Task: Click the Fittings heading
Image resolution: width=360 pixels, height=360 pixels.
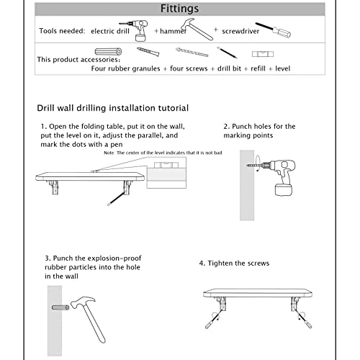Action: click(x=179, y=9)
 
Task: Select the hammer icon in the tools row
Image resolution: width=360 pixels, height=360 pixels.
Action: click(x=197, y=29)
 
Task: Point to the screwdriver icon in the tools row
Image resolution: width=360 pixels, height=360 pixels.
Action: click(x=273, y=30)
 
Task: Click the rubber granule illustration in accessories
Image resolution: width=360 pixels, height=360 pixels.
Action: click(x=108, y=51)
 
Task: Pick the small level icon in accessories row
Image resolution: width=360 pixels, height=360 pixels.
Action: click(x=263, y=54)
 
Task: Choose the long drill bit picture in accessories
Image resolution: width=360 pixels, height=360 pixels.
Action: click(x=192, y=52)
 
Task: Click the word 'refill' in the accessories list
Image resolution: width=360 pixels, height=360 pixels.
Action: click(x=258, y=68)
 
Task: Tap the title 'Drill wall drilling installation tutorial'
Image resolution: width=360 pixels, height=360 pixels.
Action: click(x=113, y=108)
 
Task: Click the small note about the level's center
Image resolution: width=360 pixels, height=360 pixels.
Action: click(x=163, y=153)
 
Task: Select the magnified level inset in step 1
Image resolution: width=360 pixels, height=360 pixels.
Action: click(x=166, y=173)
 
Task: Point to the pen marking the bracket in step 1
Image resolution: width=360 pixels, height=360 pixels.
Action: click(x=116, y=199)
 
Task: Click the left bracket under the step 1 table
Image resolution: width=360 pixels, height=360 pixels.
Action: click(x=54, y=187)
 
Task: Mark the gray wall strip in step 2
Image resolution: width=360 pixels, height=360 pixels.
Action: click(x=247, y=185)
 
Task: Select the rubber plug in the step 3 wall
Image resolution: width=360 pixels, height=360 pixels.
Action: click(x=60, y=307)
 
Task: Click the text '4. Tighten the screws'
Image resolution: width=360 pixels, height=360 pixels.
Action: click(x=234, y=264)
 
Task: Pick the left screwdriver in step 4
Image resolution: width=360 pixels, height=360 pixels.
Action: click(x=214, y=319)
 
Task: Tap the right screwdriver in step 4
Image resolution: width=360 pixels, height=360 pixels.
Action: click(x=304, y=319)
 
